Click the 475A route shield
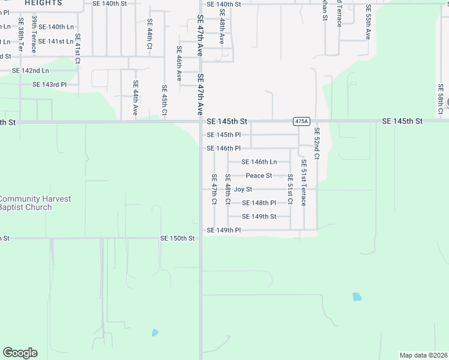(301, 121)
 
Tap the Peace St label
(259, 176)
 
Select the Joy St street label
(243, 190)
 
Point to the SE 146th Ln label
(259, 162)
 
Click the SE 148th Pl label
(259, 203)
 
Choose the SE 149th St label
(259, 217)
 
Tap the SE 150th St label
(178, 238)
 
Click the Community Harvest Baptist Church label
(34, 203)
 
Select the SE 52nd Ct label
(317, 143)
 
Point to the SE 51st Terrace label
(304, 182)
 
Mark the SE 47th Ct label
(214, 189)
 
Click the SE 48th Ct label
(228, 189)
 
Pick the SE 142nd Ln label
(31, 71)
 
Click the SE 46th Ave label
(179, 64)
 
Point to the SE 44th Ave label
(136, 98)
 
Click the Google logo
(20, 353)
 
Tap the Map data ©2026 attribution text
(423, 355)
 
